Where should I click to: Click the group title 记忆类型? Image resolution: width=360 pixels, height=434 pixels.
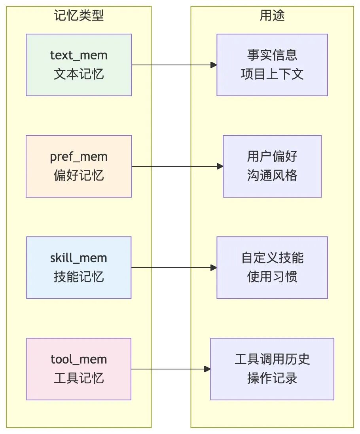click(79, 15)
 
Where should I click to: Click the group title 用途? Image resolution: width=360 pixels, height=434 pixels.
click(272, 15)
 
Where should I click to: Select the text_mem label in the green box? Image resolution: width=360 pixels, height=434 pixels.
click(79, 55)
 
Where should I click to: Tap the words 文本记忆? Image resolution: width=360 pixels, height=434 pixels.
click(79, 74)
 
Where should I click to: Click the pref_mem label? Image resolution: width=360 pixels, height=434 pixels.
click(79, 157)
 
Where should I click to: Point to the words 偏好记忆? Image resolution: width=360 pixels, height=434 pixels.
click(79, 175)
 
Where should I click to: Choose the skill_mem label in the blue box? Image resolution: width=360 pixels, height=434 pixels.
click(79, 258)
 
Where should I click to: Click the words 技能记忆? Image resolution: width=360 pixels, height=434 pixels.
click(79, 277)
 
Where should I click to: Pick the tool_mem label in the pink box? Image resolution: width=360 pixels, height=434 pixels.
click(79, 359)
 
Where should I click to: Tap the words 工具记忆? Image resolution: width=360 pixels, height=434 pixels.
click(79, 378)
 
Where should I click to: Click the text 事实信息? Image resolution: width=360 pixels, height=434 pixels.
click(272, 55)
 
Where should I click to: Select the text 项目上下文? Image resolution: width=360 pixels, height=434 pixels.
click(272, 74)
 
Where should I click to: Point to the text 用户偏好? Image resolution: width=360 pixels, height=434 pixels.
click(272, 156)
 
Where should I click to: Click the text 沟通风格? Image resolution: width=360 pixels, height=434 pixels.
click(272, 175)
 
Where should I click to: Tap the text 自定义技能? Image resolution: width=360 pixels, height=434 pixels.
click(272, 258)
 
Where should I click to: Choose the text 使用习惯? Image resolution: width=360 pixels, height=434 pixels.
click(272, 277)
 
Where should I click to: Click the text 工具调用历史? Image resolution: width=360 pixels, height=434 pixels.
click(272, 359)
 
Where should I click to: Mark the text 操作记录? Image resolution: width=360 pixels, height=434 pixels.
click(272, 378)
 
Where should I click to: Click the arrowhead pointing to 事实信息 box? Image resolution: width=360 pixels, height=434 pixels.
click(214, 65)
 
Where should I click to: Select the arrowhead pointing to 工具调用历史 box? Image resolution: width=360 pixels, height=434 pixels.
click(207, 369)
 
